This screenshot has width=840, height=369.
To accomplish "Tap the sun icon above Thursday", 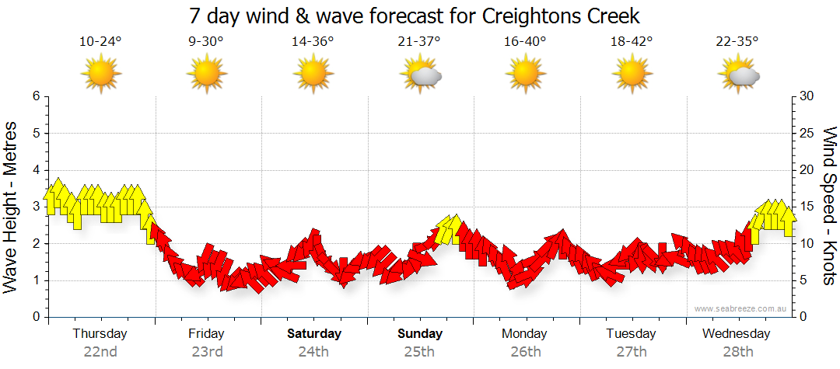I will click(101, 75).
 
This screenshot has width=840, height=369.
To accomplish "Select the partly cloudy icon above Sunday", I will click(421, 75).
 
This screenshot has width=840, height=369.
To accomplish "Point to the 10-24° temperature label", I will click(100, 42).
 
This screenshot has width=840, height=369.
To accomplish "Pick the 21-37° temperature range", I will click(419, 42).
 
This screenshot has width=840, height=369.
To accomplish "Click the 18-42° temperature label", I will click(632, 42).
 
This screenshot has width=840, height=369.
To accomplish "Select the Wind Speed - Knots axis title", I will click(829, 206).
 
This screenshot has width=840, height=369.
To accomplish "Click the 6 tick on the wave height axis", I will click(35, 96).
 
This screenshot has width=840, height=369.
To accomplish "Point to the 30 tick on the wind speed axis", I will click(807, 96).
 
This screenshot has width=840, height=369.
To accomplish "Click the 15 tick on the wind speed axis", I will click(807, 207).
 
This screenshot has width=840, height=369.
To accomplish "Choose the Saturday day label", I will click(313, 334).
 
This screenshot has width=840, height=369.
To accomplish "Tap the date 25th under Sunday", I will click(419, 352).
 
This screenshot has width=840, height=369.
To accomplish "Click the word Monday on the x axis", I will click(526, 334).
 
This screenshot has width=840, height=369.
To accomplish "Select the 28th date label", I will click(738, 352).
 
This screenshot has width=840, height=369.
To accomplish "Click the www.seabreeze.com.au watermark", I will click(741, 309).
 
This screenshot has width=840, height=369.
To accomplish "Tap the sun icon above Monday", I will click(526, 75).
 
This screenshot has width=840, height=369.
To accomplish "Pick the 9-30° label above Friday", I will click(207, 42).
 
